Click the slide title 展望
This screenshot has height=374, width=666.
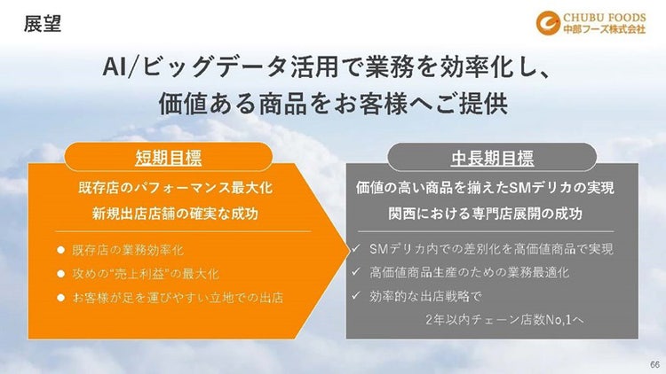tap(43, 24)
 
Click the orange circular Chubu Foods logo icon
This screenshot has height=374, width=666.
tap(548, 21)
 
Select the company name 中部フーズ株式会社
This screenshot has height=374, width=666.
tap(603, 29)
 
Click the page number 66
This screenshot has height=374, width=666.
tap(654, 364)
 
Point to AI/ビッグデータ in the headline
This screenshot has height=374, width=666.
tap(178, 67)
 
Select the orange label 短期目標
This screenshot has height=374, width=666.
tap(168, 159)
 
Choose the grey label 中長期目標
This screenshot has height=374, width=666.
tap(491, 159)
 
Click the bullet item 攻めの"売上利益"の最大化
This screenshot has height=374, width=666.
tap(144, 274)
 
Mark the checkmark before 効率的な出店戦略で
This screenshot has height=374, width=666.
tap(355, 297)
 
